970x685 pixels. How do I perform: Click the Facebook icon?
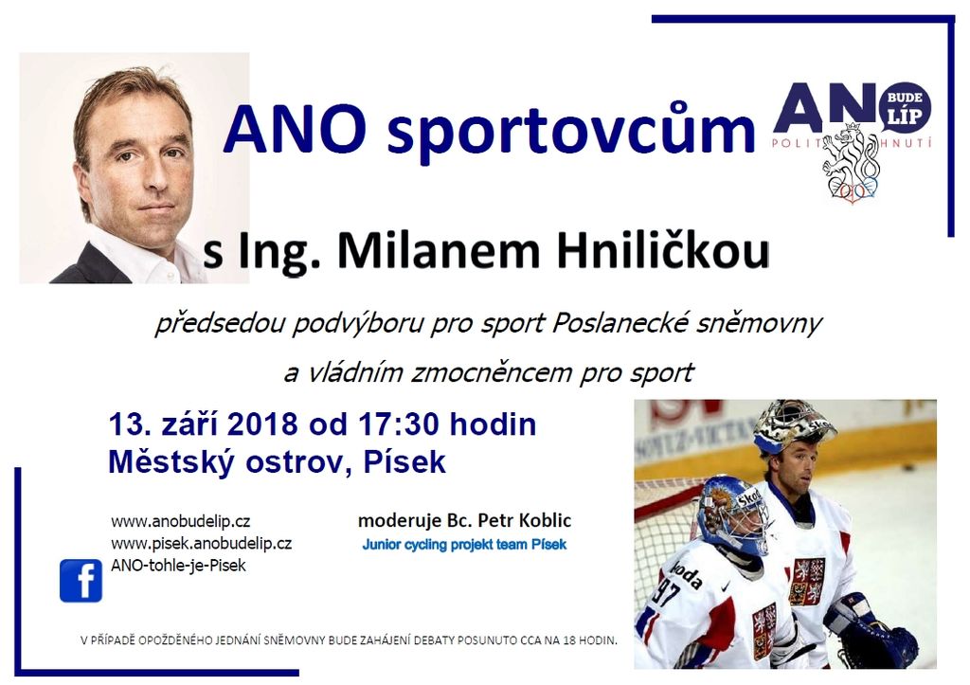81,581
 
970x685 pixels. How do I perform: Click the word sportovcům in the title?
571,130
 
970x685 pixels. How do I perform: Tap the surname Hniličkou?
662,251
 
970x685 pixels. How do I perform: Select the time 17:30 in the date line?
399,424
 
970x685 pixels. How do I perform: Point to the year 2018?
263,424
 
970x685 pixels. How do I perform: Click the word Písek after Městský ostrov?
404,461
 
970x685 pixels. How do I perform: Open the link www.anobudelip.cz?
181,521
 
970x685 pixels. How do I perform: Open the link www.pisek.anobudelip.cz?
202,544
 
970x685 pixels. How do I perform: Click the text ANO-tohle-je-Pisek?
178,566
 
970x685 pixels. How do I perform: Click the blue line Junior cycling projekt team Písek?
464,545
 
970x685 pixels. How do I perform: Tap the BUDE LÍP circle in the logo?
905,108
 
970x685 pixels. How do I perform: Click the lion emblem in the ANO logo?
850,163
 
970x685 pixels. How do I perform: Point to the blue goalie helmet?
731,513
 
